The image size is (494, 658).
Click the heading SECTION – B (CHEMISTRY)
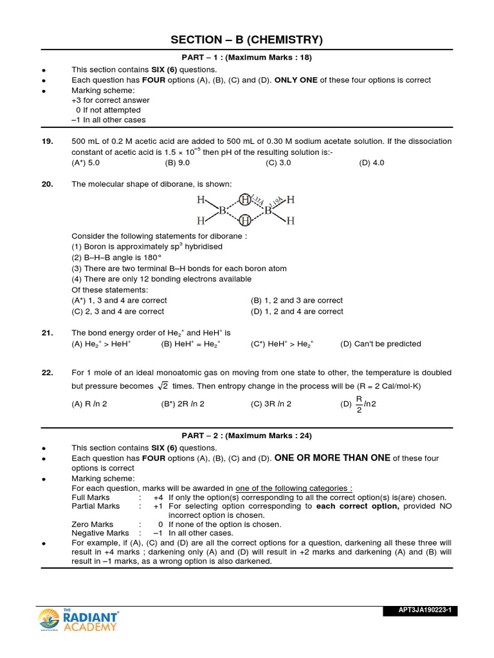pos(246,40)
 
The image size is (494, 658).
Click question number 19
pos(47,141)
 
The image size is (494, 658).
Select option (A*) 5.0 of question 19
pos(86,163)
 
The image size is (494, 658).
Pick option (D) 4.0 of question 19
pos(371,163)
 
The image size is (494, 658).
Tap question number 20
pos(47,184)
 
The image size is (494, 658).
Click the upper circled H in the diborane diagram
pos(245,199)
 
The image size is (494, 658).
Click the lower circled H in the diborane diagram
pos(245,220)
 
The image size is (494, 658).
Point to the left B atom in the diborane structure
pos(223,210)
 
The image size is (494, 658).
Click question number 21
pos(47,333)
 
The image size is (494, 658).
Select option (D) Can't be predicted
pos(380,344)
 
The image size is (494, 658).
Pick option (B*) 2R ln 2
pos(183,404)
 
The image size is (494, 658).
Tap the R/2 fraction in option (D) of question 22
pos(360,404)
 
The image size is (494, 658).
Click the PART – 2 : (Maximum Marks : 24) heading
pos(247,436)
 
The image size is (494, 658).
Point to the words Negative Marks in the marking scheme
pos(100,533)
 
